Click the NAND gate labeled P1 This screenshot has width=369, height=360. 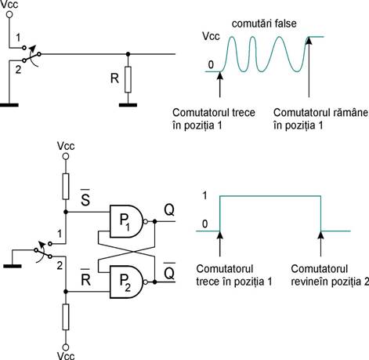(126, 221)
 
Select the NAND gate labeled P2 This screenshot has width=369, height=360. (126, 282)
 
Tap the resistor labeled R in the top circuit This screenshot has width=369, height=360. (128, 79)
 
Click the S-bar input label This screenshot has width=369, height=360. (85, 198)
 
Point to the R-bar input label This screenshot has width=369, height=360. (85, 277)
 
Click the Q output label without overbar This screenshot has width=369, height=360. (169, 209)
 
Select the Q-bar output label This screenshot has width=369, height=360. (169, 271)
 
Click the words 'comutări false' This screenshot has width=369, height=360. (264, 24)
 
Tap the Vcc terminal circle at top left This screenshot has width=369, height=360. (9, 15)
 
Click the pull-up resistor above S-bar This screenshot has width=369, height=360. (66, 187)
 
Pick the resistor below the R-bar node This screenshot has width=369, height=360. (66, 317)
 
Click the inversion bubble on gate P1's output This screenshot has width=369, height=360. (146, 221)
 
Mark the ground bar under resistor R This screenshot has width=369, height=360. (128, 105)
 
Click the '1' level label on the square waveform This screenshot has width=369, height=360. (205, 195)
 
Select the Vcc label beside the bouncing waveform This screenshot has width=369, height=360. (211, 36)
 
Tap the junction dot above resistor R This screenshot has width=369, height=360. (128, 54)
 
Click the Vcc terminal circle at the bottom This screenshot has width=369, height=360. (66, 347)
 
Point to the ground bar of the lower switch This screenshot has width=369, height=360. (13, 266)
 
